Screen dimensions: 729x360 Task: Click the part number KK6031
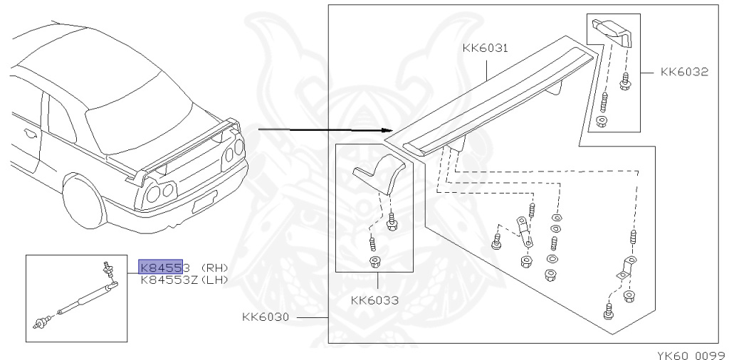tap(486, 48)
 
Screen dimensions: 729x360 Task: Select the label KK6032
tap(684, 72)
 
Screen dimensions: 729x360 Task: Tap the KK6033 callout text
tap(374, 300)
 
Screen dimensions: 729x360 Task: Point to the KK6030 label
tap(266, 317)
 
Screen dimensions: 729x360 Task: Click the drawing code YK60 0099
tap(693, 355)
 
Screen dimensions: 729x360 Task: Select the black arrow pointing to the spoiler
tap(325, 130)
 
